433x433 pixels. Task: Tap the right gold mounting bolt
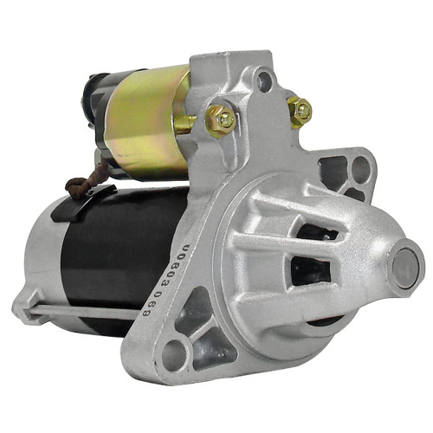pos(301,110)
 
